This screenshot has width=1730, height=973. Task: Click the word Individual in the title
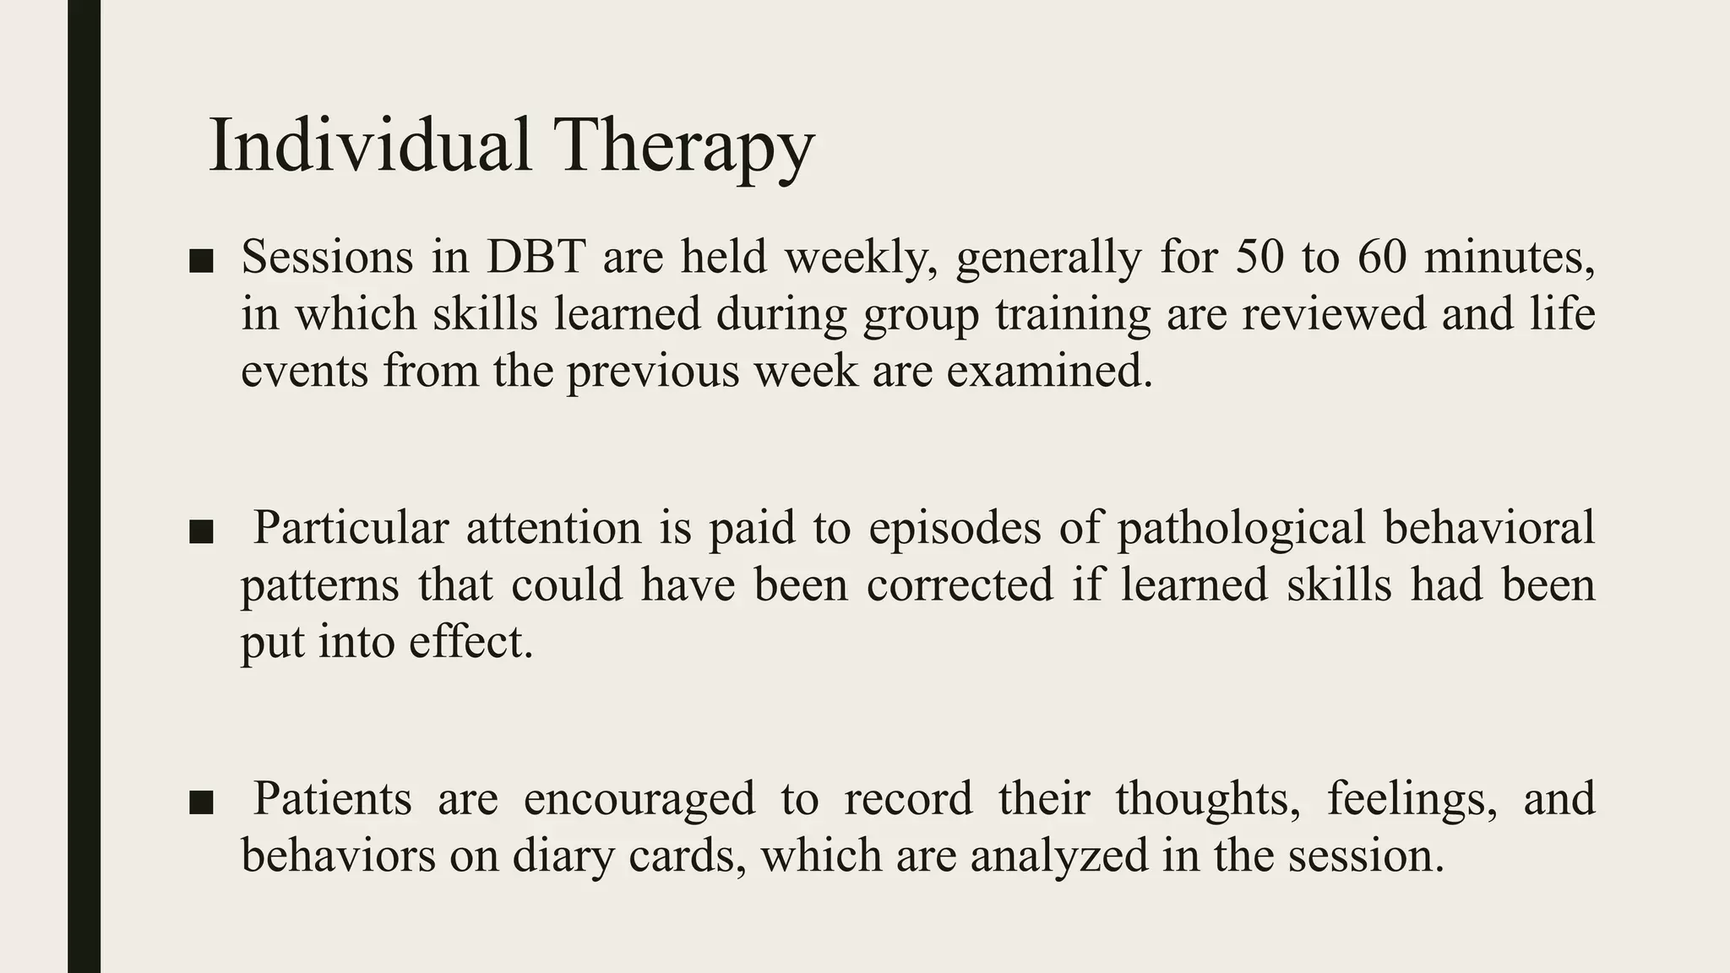pos(369,145)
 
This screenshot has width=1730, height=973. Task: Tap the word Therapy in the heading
pos(683,147)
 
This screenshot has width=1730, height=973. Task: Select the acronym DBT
pos(536,257)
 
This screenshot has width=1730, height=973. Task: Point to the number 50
pos(1260,257)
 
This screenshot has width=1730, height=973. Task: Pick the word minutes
pos(1510,257)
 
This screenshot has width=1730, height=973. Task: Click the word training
pos(1072,314)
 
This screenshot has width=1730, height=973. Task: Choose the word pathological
pos(1241,528)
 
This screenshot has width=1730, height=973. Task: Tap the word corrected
pos(960,584)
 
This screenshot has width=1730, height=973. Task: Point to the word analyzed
pos(1059,855)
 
